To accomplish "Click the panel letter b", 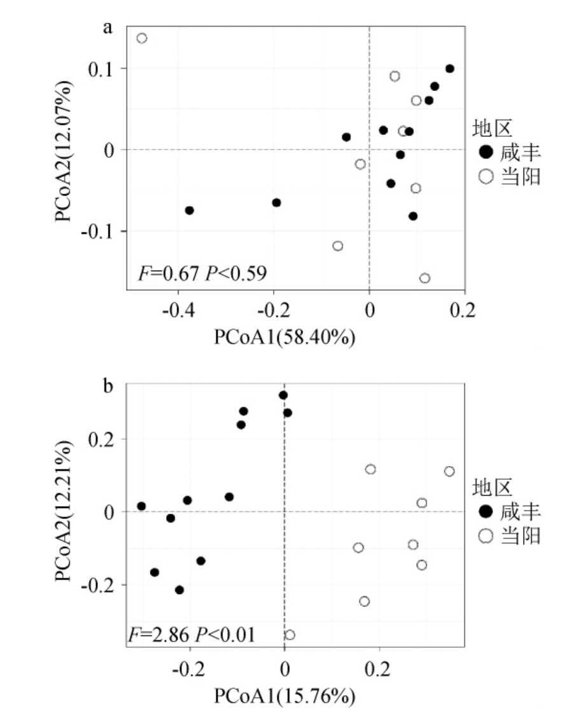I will [x=108, y=386].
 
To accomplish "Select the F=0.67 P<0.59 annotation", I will [x=202, y=274].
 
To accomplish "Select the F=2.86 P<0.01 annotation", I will [x=192, y=635].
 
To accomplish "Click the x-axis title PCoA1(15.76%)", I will [x=284, y=696].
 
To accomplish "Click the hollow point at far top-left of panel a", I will [x=142, y=38].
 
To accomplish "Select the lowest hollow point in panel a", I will [x=424, y=278].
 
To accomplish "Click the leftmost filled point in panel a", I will [x=189, y=210].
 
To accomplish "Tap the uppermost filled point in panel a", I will [x=450, y=69].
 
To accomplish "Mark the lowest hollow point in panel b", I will [x=290, y=635].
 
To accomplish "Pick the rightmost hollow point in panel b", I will [x=449, y=471].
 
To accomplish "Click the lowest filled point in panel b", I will [x=179, y=590].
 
